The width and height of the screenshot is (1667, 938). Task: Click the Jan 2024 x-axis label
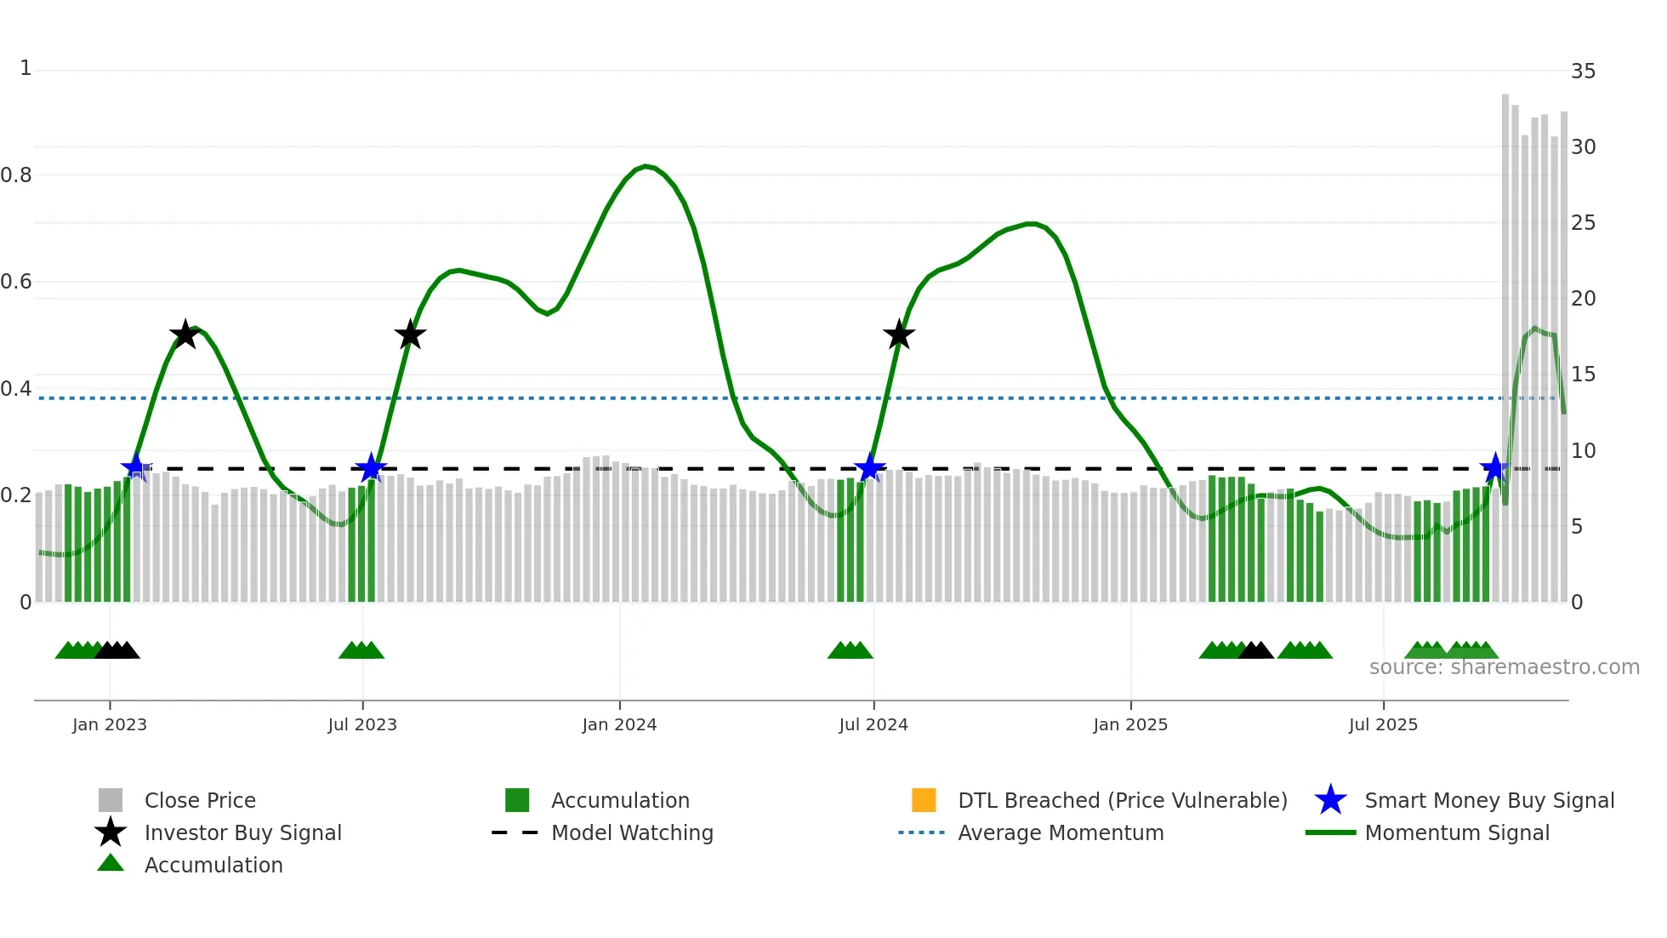coord(619,724)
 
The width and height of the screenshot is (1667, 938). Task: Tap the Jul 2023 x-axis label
coord(362,724)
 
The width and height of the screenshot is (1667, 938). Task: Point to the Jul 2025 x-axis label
coord(1383,724)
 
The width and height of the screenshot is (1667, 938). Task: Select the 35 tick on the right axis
coord(1583,71)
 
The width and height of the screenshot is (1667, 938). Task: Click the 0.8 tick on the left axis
coord(17,175)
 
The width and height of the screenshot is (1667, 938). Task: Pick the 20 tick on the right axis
coord(1583,299)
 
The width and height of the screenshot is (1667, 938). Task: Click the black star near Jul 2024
coord(899,335)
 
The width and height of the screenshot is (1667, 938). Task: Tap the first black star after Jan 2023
coord(185,335)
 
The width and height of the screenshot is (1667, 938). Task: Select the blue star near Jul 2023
coord(371,468)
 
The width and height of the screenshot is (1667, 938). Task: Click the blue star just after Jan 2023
coord(136,467)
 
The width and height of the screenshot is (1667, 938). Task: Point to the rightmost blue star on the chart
coord(1495,468)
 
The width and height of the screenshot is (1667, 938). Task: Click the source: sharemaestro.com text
coord(1504,667)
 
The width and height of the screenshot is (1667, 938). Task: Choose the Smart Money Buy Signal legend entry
coord(1488,800)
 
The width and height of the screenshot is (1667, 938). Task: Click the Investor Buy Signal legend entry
coord(242,832)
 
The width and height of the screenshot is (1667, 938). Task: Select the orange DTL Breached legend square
coord(924,800)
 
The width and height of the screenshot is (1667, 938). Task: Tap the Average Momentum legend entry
coord(1060,832)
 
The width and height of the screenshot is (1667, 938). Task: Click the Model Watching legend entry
coord(631,832)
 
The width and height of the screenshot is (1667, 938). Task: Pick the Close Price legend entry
coord(199,800)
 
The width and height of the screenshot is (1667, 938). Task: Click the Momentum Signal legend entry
coord(1456,832)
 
